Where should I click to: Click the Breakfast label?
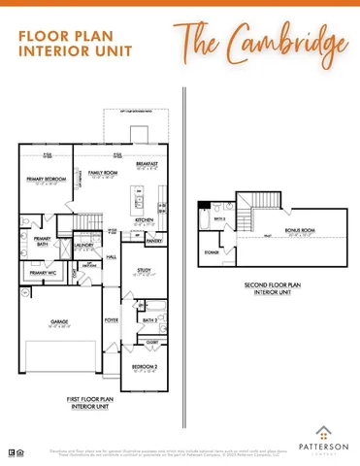tap(147, 164)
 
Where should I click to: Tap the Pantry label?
tap(153, 240)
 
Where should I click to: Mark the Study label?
tap(146, 271)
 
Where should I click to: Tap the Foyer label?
tap(112, 318)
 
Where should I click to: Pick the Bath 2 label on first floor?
tap(149, 319)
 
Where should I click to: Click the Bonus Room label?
tap(300, 230)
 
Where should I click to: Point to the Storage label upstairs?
tap(212, 251)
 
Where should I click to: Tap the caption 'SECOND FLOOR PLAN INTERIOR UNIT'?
tap(273, 288)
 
